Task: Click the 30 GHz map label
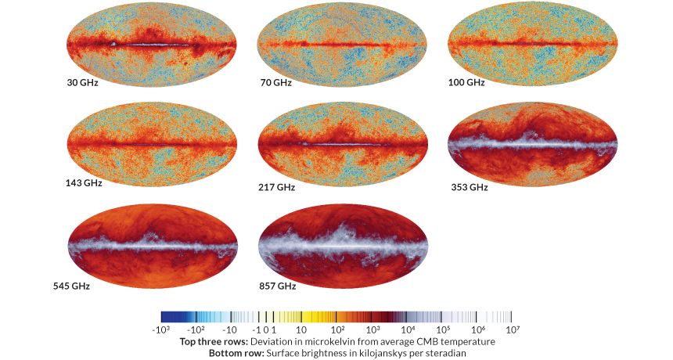pyautogui.click(x=82, y=82)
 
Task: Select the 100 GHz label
pyautogui.click(x=466, y=82)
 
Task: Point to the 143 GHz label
pyautogui.click(x=84, y=184)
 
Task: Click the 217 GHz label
pyautogui.click(x=277, y=188)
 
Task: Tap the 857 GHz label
pyautogui.click(x=277, y=286)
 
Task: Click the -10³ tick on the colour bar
pyautogui.click(x=161, y=330)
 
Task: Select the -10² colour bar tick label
pyautogui.click(x=196, y=330)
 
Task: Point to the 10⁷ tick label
pyautogui.click(x=513, y=330)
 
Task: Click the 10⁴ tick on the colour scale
pyautogui.click(x=408, y=330)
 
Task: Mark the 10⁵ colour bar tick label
pyautogui.click(x=443, y=330)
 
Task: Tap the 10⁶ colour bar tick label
pyautogui.click(x=477, y=330)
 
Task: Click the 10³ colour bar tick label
pyautogui.click(x=372, y=330)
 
